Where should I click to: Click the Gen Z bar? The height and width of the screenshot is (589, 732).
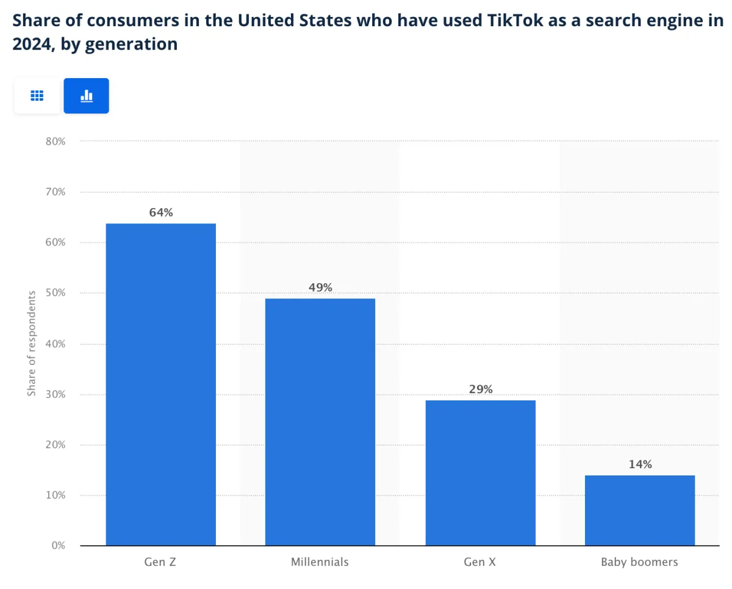(160, 385)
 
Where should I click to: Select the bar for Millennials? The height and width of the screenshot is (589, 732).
(320, 422)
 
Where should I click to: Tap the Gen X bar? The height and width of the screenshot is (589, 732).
(480, 473)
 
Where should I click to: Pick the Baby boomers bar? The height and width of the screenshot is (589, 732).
(639, 510)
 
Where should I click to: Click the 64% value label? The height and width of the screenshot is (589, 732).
(161, 213)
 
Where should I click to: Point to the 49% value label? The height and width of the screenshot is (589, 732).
(320, 287)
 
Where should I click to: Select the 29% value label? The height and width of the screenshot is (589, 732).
(481, 389)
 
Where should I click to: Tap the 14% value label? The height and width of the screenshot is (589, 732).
(640, 464)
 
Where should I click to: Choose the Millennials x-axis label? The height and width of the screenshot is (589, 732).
(320, 562)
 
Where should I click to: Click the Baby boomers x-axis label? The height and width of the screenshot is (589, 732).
(639, 562)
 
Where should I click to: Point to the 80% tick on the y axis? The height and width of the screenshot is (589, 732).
(55, 141)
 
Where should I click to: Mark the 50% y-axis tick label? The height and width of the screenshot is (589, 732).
(55, 293)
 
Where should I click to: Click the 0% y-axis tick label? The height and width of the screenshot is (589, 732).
(58, 546)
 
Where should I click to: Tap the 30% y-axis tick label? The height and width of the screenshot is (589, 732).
(55, 394)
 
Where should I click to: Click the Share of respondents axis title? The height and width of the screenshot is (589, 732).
(31, 343)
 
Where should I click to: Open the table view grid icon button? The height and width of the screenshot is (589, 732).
(37, 96)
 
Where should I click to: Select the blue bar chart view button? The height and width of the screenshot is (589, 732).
(87, 96)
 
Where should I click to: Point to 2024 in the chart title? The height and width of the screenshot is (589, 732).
(30, 45)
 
